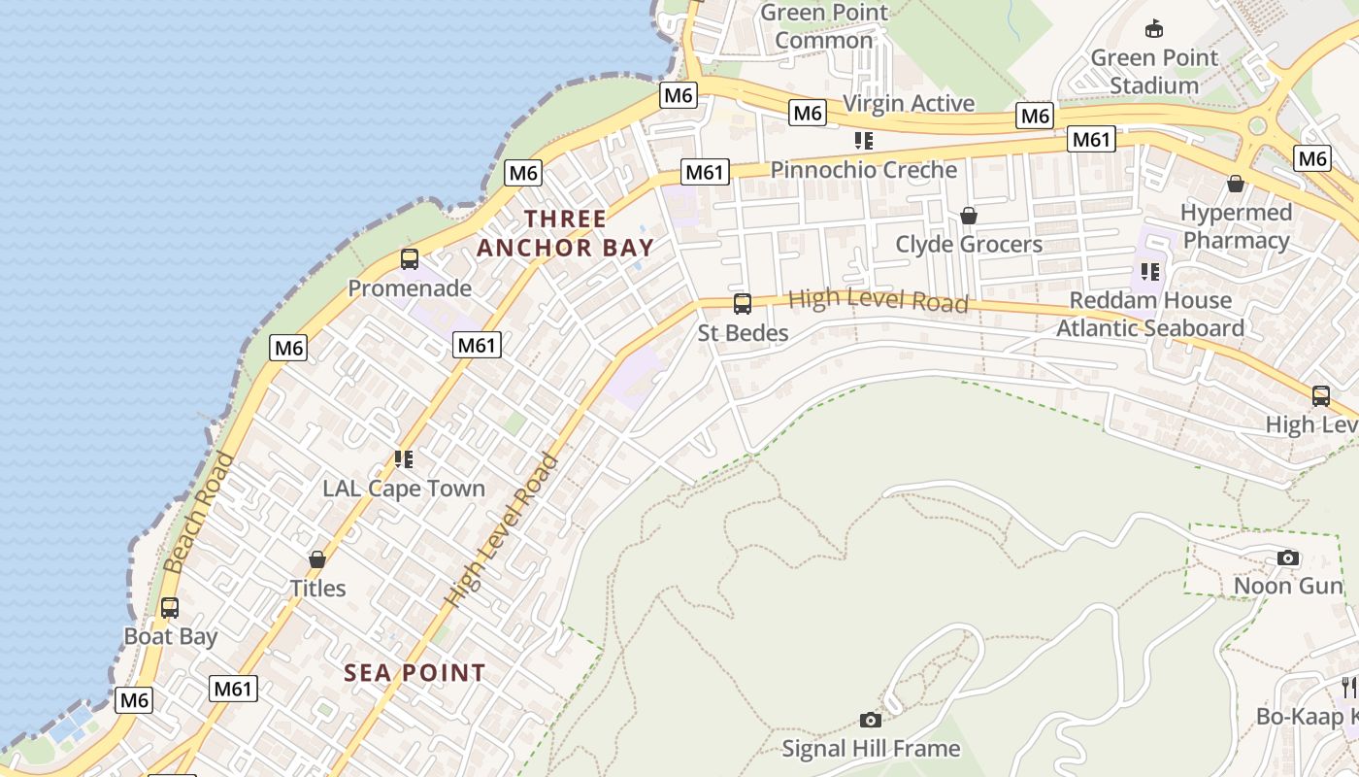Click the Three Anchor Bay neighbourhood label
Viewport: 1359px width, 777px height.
click(x=565, y=233)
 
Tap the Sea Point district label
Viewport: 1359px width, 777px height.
click(x=414, y=672)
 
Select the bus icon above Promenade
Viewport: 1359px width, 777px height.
click(x=410, y=259)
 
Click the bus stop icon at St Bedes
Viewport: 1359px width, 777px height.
click(x=743, y=304)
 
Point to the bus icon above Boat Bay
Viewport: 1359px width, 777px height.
click(x=170, y=608)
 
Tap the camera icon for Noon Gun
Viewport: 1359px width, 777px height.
click(x=1288, y=557)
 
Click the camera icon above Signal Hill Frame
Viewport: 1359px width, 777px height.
click(x=871, y=720)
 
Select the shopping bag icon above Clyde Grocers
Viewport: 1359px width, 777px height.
click(x=968, y=216)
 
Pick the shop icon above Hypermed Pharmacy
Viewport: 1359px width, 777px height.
click(x=1236, y=184)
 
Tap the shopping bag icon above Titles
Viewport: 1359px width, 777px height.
click(x=317, y=559)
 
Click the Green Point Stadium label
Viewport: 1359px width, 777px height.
click(x=1154, y=72)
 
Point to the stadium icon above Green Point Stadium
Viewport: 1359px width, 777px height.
click(x=1154, y=28)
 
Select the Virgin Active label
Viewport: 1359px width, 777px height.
click(x=909, y=103)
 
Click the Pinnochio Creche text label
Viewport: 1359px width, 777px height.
click(x=863, y=170)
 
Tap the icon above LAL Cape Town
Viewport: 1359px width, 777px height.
click(x=404, y=458)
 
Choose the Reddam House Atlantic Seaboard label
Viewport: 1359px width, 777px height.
click(x=1150, y=314)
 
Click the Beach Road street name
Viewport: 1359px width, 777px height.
click(x=200, y=511)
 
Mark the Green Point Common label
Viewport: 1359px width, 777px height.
click(x=824, y=26)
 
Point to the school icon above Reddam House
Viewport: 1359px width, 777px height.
click(x=1150, y=271)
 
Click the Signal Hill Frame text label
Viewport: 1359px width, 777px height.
click(x=871, y=749)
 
